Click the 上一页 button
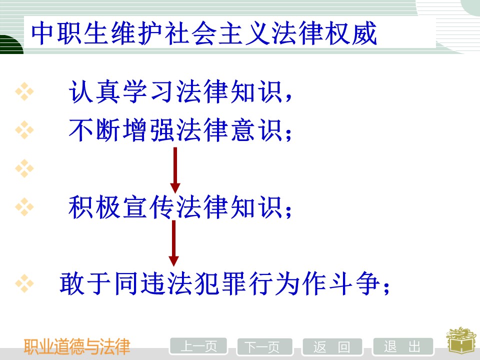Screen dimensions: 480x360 coord(198,346)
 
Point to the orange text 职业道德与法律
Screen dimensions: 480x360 coord(77,346)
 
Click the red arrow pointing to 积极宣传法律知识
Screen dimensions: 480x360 coord(175,170)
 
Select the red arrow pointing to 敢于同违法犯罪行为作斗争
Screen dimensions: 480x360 coord(173,243)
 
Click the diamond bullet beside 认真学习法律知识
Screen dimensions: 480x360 coord(24,91)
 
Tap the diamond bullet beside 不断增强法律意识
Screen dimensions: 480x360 coord(24,130)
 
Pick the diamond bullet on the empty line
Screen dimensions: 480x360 coord(24,168)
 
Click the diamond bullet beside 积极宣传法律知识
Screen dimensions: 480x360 coord(24,206)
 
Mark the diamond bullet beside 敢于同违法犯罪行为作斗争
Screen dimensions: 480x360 coord(24,283)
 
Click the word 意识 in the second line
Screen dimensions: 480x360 coord(256,130)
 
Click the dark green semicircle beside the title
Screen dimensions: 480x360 coord(11,44)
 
